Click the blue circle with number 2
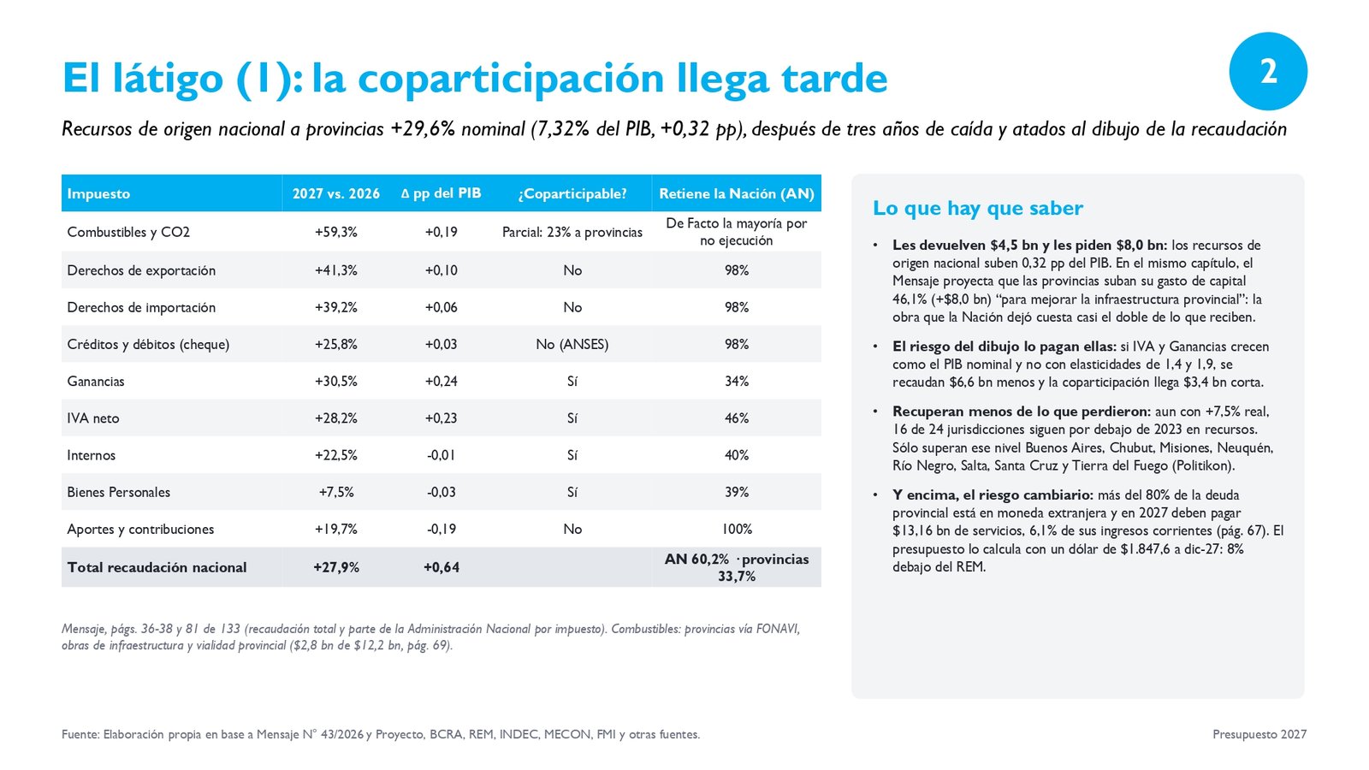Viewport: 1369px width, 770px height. coord(1267,71)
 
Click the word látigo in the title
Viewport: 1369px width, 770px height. coord(168,79)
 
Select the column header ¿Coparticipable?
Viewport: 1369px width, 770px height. coord(572,193)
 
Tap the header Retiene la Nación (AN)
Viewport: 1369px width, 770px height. coord(737,193)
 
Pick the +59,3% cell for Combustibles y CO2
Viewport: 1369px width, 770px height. coord(335,232)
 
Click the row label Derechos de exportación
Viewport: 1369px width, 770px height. coord(141,270)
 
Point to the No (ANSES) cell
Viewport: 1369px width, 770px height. coord(572,344)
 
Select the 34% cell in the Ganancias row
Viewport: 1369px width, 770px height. coord(737,382)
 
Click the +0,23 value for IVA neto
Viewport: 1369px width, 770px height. coord(441,418)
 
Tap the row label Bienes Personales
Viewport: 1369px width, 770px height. coord(119,492)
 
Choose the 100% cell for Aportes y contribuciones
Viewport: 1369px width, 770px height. coord(737,530)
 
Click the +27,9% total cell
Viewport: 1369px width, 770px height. coord(336,567)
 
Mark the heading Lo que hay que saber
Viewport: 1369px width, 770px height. coord(978,209)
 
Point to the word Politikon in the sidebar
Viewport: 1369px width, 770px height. coord(1202,465)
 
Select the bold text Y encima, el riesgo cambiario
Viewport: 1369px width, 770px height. coord(993,495)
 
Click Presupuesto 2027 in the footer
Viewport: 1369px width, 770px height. coord(1259,734)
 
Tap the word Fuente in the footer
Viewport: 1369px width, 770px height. coord(80,734)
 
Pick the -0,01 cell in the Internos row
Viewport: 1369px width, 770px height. coord(441,455)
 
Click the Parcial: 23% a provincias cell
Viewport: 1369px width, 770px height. coord(572,232)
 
